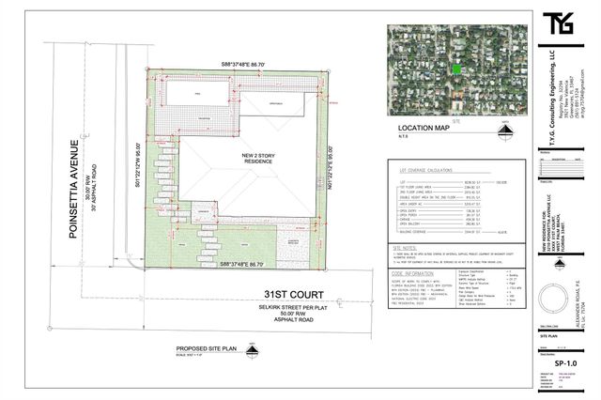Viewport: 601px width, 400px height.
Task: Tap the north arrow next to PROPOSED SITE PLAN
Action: [250, 352]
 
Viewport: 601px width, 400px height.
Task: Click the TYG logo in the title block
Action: [561, 21]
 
